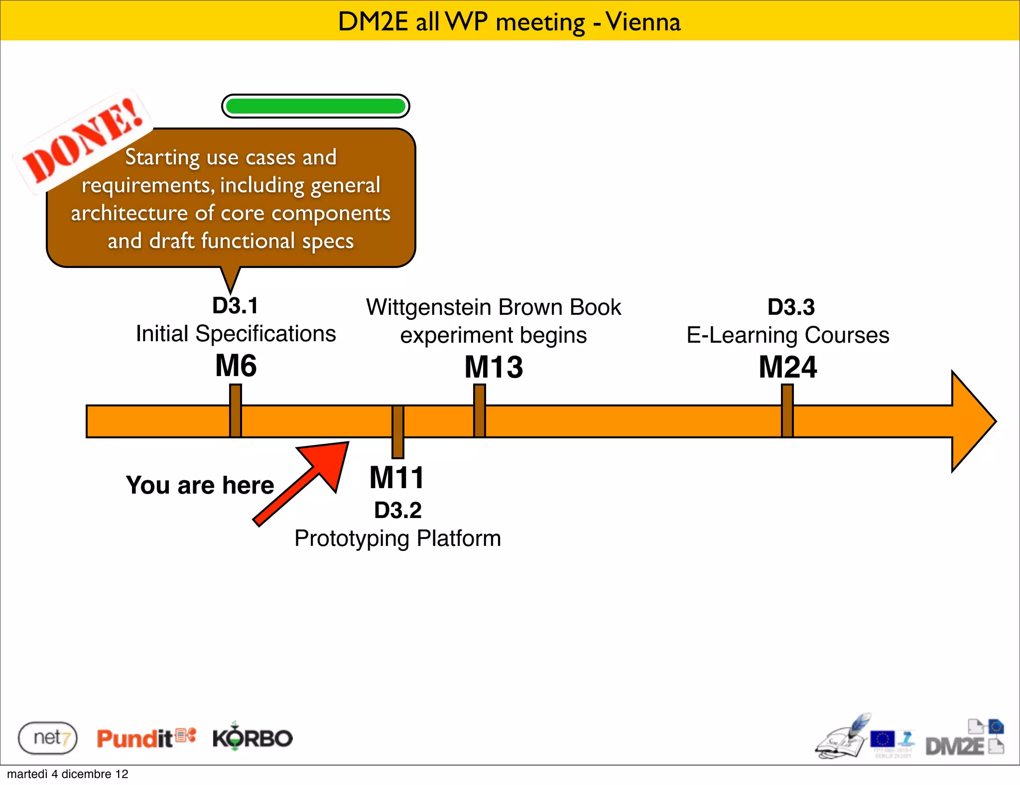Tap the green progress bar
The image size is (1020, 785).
click(x=315, y=106)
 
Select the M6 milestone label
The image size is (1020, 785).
click(x=236, y=366)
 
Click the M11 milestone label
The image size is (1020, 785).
click(x=396, y=477)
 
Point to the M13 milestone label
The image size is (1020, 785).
click(x=494, y=367)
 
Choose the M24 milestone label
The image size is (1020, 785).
click(x=787, y=367)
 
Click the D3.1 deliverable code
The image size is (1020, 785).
click(x=235, y=306)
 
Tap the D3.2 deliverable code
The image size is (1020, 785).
click(x=397, y=510)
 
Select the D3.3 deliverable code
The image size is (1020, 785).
click(x=791, y=307)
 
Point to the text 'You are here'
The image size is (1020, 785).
click(x=200, y=485)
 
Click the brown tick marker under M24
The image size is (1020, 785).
click(x=787, y=410)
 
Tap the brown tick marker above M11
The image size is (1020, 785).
click(x=397, y=431)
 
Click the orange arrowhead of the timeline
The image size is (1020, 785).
click(x=971, y=421)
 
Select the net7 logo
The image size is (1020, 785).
click(x=48, y=738)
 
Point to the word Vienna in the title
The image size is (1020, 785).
click(x=643, y=22)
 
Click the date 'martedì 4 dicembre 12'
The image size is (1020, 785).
click(x=68, y=774)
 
